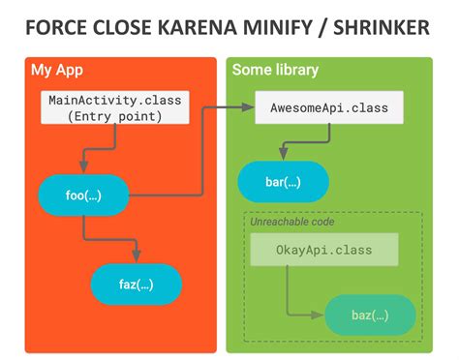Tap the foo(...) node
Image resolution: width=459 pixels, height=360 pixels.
83,196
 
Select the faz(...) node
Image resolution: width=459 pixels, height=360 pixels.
137,284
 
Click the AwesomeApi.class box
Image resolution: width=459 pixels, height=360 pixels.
329,107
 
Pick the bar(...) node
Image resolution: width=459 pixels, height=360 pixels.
284,181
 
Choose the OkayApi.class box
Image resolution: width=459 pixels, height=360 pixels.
324,250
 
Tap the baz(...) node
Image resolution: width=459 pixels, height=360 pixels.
370,315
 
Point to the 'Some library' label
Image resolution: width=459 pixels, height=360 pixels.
275,71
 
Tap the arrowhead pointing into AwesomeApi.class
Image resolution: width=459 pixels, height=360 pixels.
249,107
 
